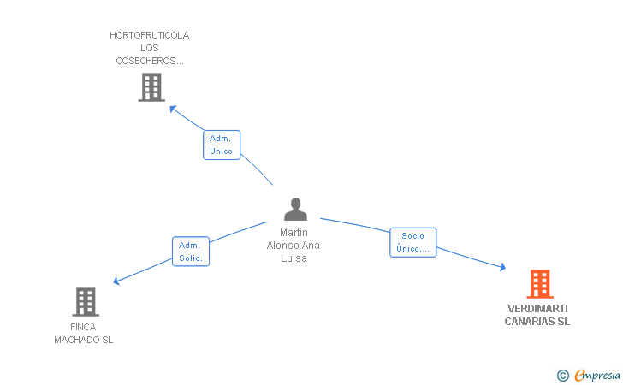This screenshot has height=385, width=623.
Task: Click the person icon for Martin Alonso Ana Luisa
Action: (295, 210)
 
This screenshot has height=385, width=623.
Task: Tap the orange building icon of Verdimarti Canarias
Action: (539, 284)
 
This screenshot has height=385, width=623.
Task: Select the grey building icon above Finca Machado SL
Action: (85, 302)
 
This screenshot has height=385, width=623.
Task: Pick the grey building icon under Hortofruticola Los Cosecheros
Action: (151, 87)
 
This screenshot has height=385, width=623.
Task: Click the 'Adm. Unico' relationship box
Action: (221, 145)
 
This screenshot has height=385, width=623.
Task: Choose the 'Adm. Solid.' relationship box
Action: (190, 252)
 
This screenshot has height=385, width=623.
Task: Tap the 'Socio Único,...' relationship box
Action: (412, 242)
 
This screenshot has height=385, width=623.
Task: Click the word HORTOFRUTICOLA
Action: (150, 36)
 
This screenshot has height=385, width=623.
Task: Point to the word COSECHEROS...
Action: (150, 61)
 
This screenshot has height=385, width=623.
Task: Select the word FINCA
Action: (83, 327)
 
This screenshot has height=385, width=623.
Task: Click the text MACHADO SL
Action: (83, 340)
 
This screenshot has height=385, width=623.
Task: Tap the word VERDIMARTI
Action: (537, 309)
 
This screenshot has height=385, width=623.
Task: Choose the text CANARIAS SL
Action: (537, 322)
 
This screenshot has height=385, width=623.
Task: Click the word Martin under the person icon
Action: (294, 233)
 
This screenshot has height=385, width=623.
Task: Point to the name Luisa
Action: (294, 258)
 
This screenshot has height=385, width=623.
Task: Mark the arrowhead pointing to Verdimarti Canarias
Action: (502, 268)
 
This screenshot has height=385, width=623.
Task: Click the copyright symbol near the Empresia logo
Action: (562, 375)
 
